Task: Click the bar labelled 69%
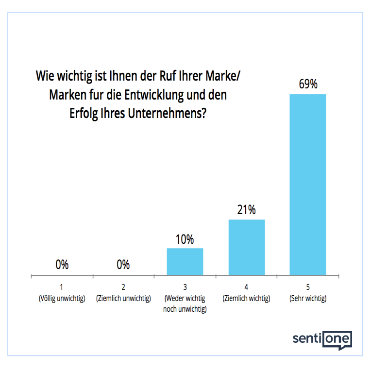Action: (307, 185)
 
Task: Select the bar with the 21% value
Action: (246, 247)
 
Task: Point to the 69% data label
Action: (308, 84)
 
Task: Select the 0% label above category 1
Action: (62, 265)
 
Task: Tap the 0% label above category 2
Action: (123, 265)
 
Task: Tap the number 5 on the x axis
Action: (308, 287)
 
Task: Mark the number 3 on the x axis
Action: (185, 287)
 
